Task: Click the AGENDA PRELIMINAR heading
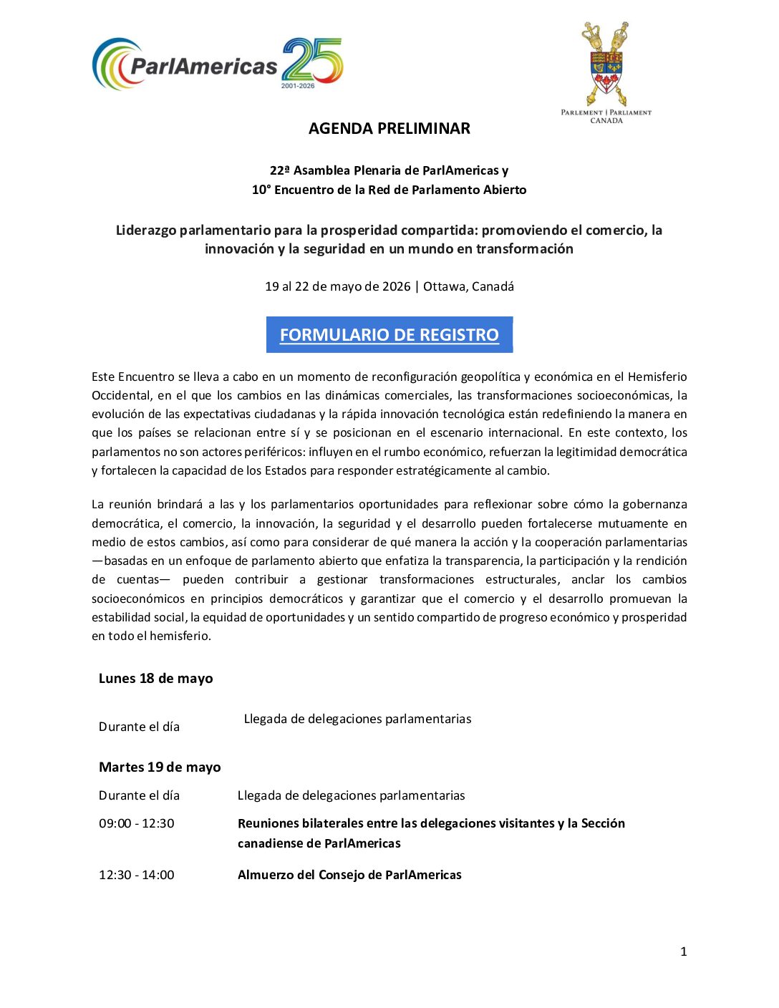point(389,129)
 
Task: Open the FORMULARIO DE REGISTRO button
point(389,335)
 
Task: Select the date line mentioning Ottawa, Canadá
point(389,286)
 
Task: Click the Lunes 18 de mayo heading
point(155,679)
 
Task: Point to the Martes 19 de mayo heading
point(160,767)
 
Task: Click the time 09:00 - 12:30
point(136,823)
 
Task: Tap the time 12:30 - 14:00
point(136,875)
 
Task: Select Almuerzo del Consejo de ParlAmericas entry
point(349,875)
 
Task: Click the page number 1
point(683,951)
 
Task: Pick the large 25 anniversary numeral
point(312,59)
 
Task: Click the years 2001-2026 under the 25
point(298,86)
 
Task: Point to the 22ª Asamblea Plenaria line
point(389,170)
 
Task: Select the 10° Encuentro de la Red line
point(389,190)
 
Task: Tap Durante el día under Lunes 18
point(139,727)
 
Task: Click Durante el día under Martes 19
point(139,795)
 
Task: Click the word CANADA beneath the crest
point(606,121)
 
